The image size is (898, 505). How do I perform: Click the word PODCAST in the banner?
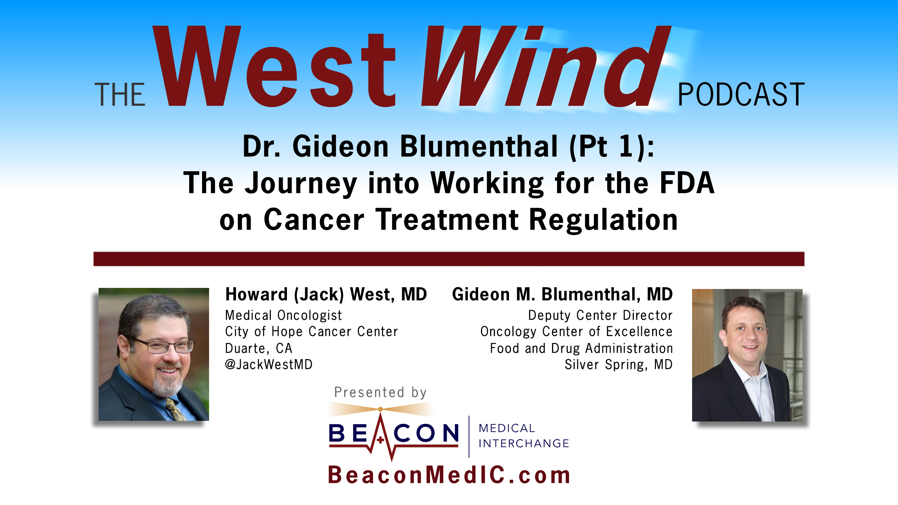(741, 94)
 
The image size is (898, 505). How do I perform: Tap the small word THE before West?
(120, 95)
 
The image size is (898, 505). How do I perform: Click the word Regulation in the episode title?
(603, 220)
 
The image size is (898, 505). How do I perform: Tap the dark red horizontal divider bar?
(449, 259)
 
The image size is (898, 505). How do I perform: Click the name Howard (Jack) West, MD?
(326, 294)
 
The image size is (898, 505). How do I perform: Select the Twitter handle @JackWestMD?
(269, 365)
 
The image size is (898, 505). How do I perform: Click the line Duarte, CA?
(259, 348)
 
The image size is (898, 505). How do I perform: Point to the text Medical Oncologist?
(283, 315)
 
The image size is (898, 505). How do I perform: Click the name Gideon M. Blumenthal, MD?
(562, 294)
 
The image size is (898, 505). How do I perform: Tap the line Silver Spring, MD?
(618, 365)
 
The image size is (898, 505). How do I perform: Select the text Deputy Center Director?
(600, 315)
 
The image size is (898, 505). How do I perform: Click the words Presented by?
(380, 392)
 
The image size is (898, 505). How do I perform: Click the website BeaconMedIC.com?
(449, 475)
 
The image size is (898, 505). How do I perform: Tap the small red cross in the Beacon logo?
(380, 440)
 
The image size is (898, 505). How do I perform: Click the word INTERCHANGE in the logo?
(524, 443)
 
